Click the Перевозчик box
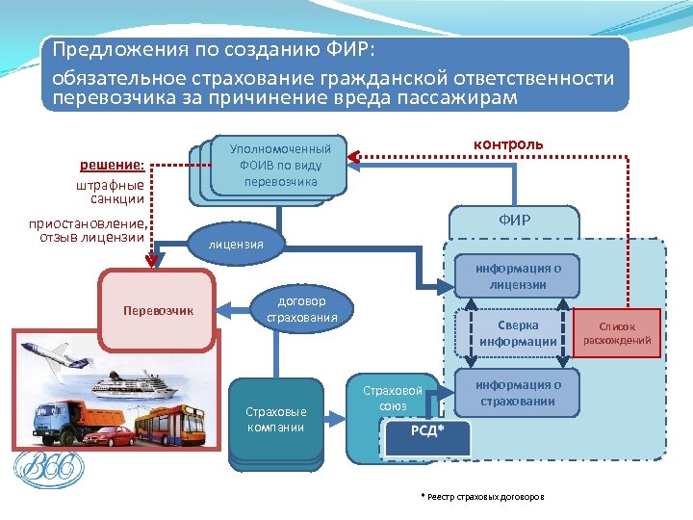coord(158,310)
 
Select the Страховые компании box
coord(275,419)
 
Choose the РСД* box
coord(428,432)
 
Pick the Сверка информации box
coord(518,333)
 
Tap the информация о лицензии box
coord(518,276)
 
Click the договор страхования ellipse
coord(301,309)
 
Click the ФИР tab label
coord(514,221)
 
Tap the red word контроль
coord(508,144)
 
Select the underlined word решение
coord(113,165)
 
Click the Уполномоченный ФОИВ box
coord(280,165)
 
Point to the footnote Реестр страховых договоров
coord(482,497)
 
